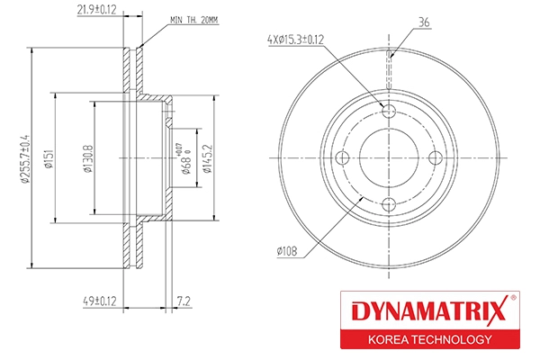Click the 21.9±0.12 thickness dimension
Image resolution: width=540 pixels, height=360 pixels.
pyautogui.click(x=97, y=10)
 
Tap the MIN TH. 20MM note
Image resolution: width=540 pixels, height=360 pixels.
pyautogui.click(x=194, y=21)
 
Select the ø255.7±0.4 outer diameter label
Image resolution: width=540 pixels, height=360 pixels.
pyautogui.click(x=25, y=158)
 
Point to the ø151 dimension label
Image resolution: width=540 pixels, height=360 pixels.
pyautogui.click(x=49, y=158)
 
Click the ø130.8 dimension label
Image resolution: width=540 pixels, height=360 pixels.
pyautogui.click(x=88, y=158)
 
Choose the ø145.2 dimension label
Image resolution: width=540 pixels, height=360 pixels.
pyautogui.click(x=208, y=158)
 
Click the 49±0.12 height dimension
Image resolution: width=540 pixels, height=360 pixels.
pyautogui.click(x=100, y=301)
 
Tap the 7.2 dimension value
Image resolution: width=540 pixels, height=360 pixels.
pyautogui.click(x=184, y=301)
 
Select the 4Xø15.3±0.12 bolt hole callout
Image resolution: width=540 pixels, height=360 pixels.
pyautogui.click(x=296, y=40)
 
